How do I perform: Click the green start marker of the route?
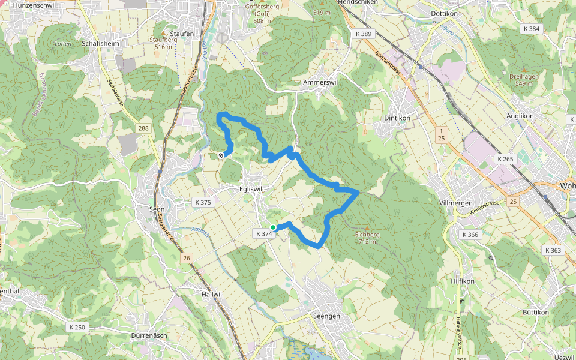tap(273, 227)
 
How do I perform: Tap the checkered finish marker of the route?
tap(221, 155)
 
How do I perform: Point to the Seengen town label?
tap(327, 316)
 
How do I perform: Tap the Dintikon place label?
tap(396, 118)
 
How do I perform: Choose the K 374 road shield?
tap(264, 234)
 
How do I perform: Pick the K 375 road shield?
tap(203, 202)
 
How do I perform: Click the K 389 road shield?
tap(362, 34)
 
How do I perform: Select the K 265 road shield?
tap(506, 159)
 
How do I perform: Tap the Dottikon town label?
tap(445, 13)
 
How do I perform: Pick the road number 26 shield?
tap(187, 257)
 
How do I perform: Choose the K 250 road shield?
tap(77, 327)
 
